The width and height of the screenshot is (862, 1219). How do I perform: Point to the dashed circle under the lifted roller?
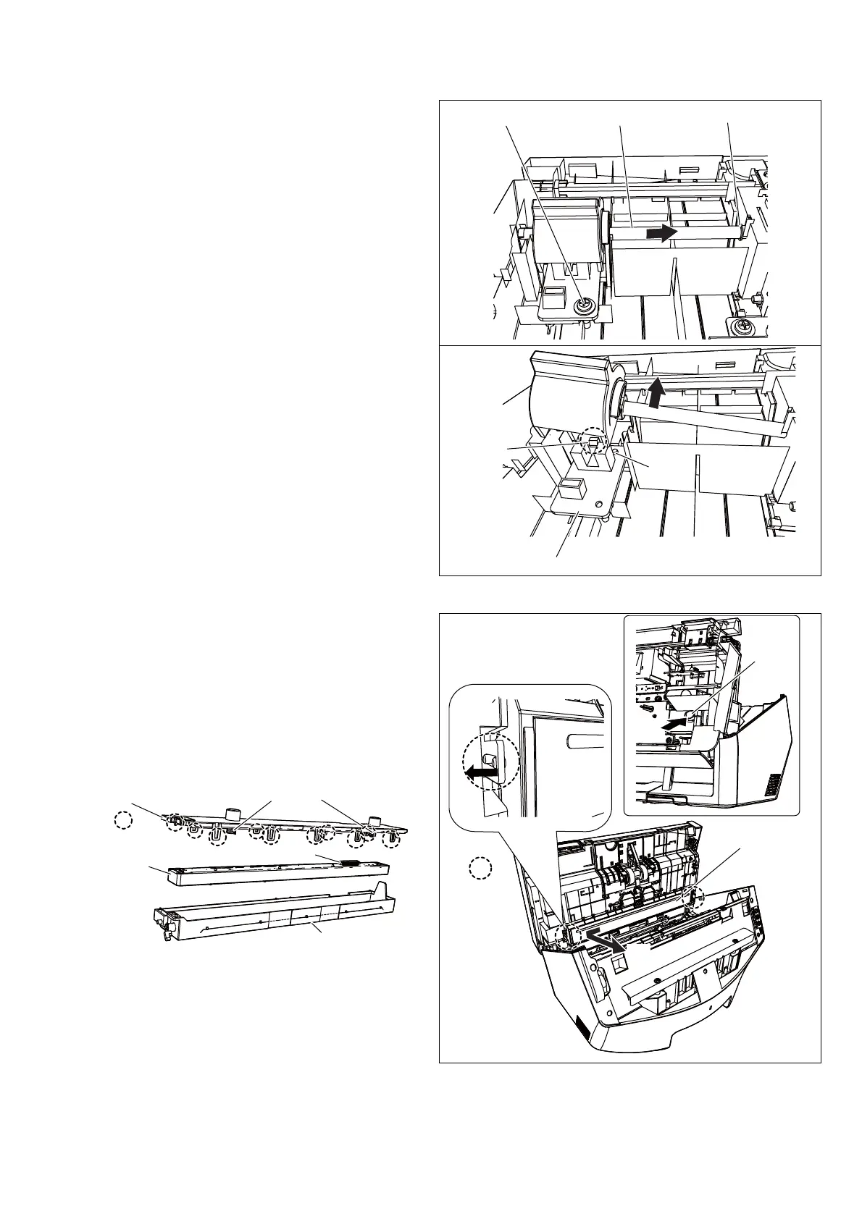(x=593, y=441)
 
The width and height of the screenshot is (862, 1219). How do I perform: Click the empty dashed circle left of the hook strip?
(x=124, y=819)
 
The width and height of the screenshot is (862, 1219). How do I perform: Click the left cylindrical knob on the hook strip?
(x=233, y=814)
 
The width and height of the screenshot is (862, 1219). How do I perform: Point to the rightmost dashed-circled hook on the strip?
(x=391, y=840)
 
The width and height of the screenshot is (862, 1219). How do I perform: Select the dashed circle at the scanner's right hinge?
(x=695, y=897)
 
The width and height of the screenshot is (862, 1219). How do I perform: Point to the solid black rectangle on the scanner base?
(x=582, y=1026)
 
